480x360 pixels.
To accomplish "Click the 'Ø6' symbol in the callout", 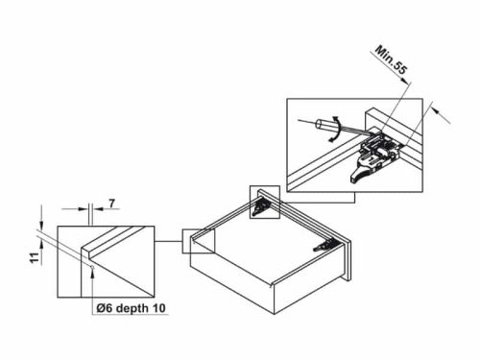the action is coord(105,307).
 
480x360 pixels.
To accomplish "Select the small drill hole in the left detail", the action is coord(89,252).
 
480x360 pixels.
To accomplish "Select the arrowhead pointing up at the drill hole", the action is coord(89,272).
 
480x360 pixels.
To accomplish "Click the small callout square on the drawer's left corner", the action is coord(199,239).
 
